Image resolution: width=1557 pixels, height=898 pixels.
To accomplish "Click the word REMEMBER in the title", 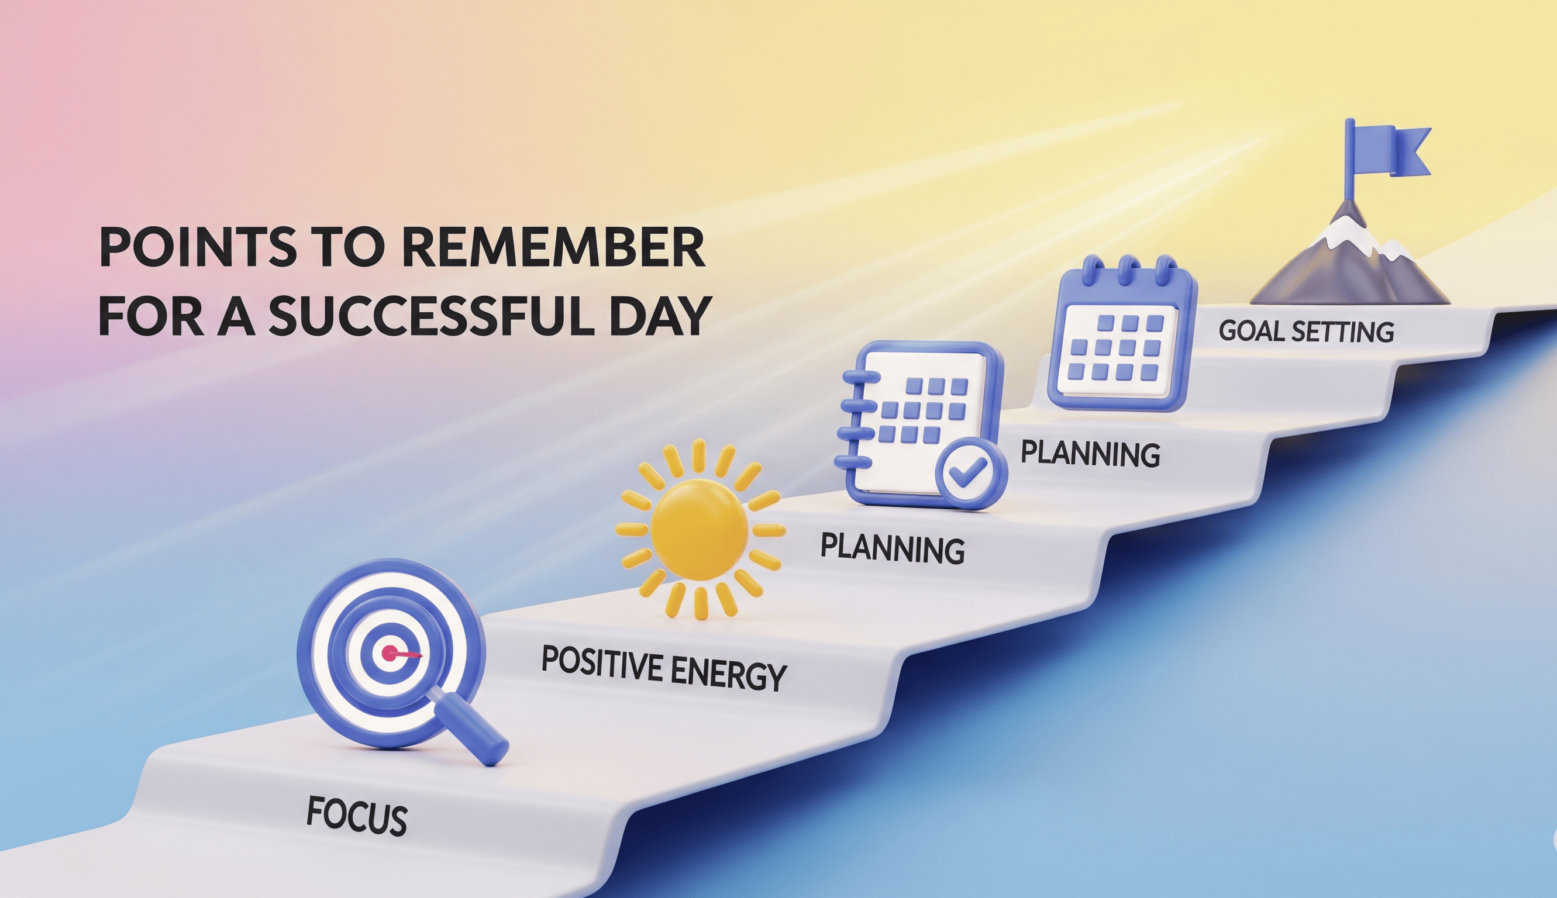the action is (x=553, y=247).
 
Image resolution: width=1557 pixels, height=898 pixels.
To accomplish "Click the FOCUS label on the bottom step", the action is (x=357, y=816).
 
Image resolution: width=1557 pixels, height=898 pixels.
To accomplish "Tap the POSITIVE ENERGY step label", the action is (x=664, y=667).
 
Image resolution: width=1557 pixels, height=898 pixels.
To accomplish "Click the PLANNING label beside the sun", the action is (x=892, y=548).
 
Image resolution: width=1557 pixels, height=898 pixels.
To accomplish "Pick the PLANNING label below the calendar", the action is (x=1090, y=453).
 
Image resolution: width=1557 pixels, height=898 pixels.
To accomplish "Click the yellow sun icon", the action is (x=700, y=529).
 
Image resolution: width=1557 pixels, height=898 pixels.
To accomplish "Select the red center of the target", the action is (x=390, y=653).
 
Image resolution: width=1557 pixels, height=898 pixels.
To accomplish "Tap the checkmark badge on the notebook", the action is (x=970, y=473).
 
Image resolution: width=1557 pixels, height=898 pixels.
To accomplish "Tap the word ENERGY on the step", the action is (x=728, y=673).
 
